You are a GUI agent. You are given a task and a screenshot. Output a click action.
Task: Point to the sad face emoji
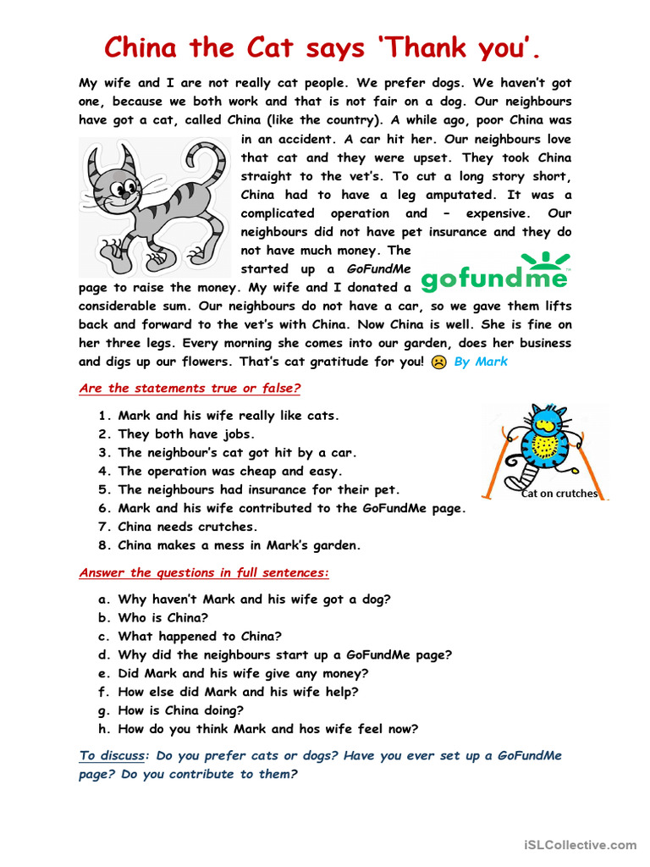[438, 362]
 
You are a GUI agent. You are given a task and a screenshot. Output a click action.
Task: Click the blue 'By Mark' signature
[481, 362]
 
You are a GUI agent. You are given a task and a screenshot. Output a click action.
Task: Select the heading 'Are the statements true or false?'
[190, 389]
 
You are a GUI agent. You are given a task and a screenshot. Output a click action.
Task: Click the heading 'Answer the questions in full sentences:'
[204, 573]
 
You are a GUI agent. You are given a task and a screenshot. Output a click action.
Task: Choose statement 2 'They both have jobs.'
[186, 434]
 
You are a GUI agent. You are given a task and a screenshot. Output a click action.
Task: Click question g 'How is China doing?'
[180, 710]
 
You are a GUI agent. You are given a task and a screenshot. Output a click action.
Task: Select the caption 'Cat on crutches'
[559, 494]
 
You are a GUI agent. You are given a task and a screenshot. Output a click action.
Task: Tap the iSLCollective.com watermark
[580, 844]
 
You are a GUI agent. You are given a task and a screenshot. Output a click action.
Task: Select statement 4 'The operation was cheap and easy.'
[230, 472]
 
